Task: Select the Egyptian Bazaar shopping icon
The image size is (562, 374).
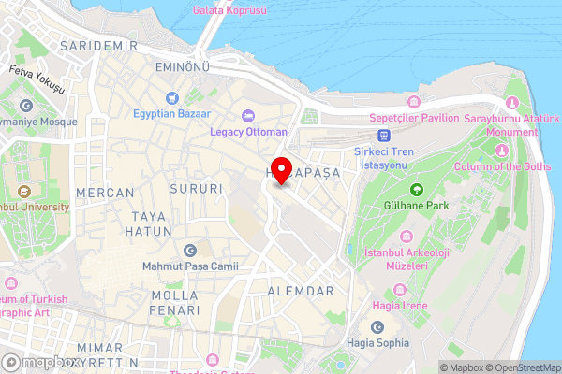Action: coord(171,98)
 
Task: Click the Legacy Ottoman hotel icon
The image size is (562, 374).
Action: coord(248,116)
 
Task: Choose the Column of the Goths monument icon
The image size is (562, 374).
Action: coord(502,151)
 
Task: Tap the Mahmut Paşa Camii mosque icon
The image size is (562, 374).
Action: coord(191,251)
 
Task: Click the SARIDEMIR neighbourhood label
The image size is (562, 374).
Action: coord(92,45)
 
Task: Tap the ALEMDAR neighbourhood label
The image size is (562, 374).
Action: coord(301,292)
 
